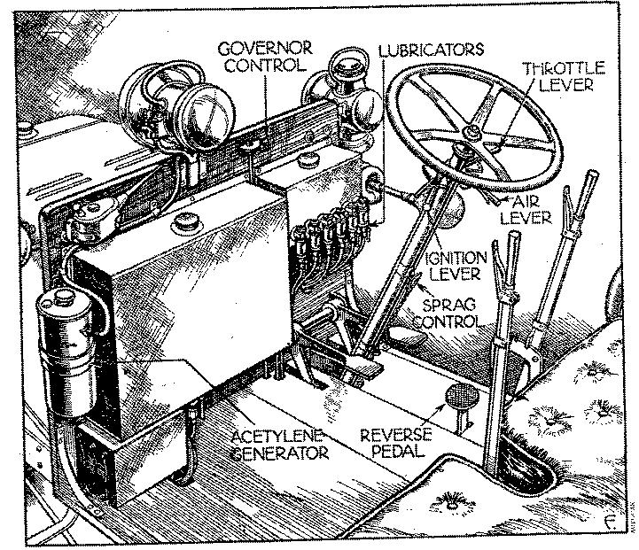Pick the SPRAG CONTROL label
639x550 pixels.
click(452, 311)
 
